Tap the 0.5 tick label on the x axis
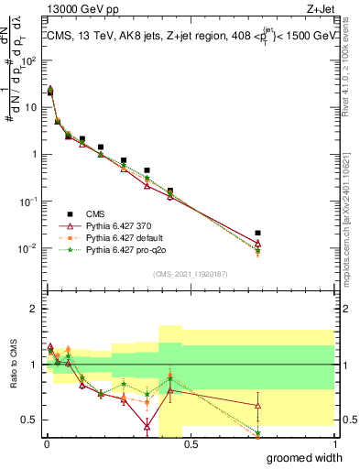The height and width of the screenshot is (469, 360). [189, 444]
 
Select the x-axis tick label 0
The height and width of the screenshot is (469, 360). [45, 444]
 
